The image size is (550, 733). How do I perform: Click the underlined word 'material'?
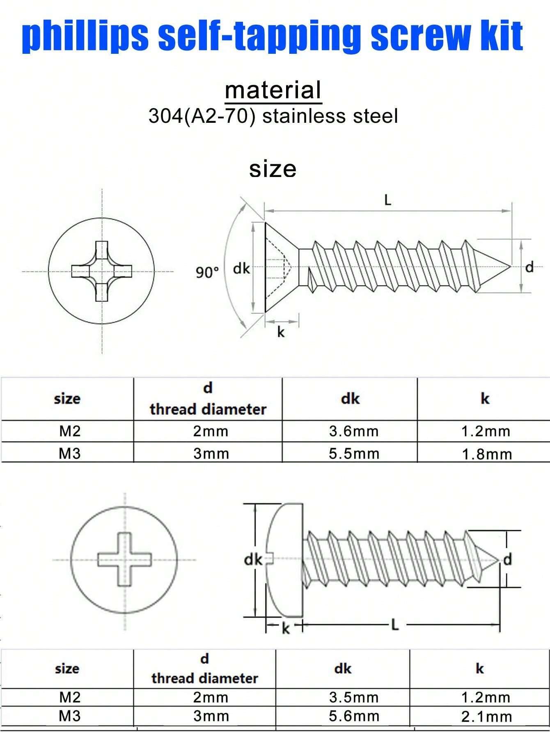pyautogui.click(x=273, y=90)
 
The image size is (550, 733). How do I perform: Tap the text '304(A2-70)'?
pyautogui.click(x=199, y=116)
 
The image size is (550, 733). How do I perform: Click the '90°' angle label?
pyautogui.click(x=207, y=272)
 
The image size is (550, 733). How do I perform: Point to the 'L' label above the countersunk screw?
pyautogui.click(x=388, y=200)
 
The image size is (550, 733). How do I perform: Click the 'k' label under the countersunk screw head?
pyautogui.click(x=281, y=332)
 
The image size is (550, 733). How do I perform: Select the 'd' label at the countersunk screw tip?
pyautogui.click(x=530, y=267)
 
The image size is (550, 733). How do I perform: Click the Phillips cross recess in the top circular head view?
pyautogui.click(x=102, y=271)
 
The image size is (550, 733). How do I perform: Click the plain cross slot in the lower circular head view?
pyautogui.click(x=125, y=559)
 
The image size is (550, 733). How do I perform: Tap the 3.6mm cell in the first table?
pyautogui.click(x=353, y=431)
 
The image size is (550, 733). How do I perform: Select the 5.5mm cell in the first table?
pyautogui.click(x=353, y=453)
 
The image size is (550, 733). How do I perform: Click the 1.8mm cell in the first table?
pyautogui.click(x=486, y=454)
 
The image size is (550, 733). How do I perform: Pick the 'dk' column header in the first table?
pyautogui.click(x=350, y=399)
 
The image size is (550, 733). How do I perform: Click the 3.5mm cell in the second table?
pyautogui.click(x=353, y=697)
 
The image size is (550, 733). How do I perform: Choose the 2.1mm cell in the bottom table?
pyautogui.click(x=486, y=717)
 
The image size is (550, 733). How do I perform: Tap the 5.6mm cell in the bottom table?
pyautogui.click(x=353, y=716)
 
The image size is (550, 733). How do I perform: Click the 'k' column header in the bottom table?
pyautogui.click(x=479, y=669)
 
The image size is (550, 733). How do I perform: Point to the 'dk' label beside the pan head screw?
pyautogui.click(x=252, y=559)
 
